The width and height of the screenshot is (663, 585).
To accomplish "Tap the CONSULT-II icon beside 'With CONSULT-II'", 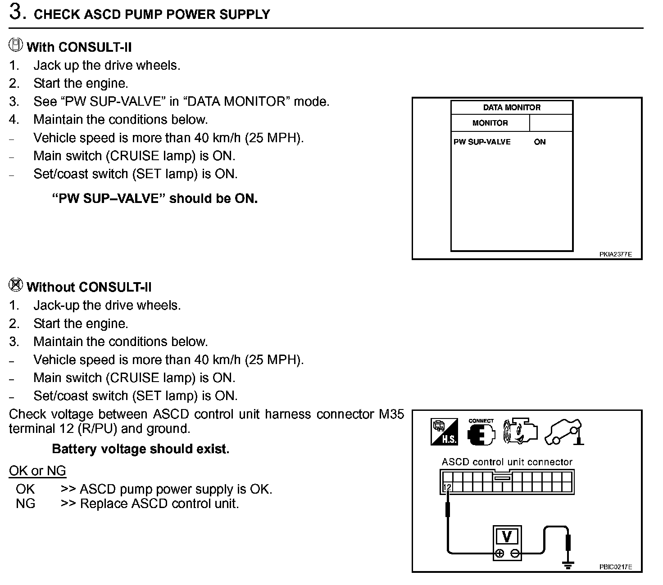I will coord(16,45).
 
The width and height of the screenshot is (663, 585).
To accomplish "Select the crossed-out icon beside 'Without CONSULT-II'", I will coord(16,285).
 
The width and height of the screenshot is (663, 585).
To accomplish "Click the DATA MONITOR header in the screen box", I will coord(512,108).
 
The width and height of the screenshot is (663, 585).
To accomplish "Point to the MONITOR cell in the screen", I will coord(490,123).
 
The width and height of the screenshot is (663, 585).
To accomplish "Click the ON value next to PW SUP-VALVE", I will coord(540,142).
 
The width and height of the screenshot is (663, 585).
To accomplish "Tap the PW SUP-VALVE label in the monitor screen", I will coord(482,142).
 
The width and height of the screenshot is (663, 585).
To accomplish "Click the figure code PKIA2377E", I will coord(615,254).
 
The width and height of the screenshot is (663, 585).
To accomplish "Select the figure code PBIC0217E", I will coord(615,567).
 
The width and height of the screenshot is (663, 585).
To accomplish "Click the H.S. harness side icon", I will coord(445,432).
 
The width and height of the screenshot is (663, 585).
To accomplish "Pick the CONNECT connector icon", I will coord(481,433).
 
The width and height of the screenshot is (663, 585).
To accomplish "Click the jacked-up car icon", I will coord(564,432).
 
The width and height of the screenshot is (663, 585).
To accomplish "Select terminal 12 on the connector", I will coord(447,487).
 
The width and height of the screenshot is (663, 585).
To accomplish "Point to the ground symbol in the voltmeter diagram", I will coord(568,564).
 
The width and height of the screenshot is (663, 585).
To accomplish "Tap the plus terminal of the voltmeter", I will coord(500,554).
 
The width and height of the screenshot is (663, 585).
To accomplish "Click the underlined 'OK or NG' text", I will coord(37,471).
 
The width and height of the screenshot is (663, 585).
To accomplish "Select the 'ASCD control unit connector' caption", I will coord(507,462).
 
